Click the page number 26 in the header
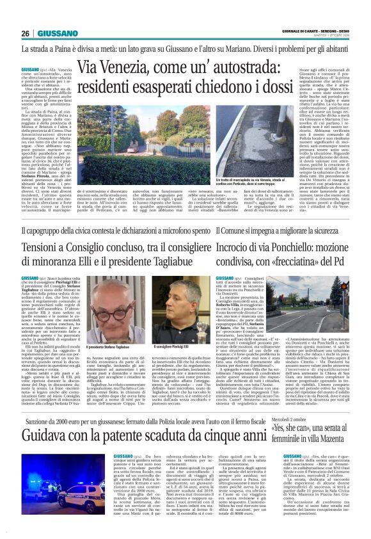[26, 33]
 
